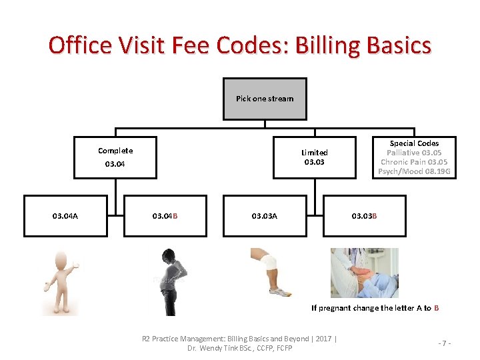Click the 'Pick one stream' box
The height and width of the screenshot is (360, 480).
265,99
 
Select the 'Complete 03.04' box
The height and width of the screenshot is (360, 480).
115,157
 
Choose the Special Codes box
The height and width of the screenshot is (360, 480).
414,157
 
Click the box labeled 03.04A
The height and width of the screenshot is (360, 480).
65,215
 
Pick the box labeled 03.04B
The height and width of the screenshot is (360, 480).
165,215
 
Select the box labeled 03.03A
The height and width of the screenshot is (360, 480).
265,215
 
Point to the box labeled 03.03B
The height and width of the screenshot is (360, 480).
365,215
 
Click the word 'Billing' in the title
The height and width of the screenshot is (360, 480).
333,45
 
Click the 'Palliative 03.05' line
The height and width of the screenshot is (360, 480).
414,153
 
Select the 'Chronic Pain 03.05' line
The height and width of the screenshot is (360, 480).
414,162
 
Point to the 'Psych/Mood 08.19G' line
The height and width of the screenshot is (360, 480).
414,171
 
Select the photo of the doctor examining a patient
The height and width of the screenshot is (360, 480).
364,272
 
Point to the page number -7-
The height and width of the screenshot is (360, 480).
445,343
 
